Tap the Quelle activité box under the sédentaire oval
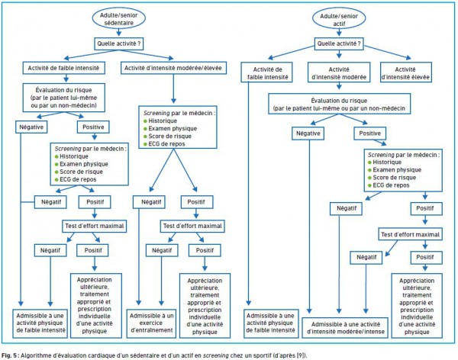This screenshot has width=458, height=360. pos(118,43)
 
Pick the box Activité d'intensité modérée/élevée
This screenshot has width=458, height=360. pos(173,68)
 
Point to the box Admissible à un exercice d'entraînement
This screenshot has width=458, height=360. pos(151,323)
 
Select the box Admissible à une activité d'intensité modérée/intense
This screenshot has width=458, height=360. pos(345,328)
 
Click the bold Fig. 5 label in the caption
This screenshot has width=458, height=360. pos(10,355)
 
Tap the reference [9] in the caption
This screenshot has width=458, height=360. pos(301,355)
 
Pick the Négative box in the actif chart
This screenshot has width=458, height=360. pos(308,133)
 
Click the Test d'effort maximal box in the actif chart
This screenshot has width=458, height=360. pos(410,234)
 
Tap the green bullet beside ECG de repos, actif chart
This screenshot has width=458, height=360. pos(369,185)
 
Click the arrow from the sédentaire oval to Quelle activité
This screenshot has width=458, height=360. pos(118,32)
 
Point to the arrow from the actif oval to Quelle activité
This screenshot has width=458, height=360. pos(339,33)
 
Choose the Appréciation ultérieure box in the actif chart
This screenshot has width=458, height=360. pos(417,306)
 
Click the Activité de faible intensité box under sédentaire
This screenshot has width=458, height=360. pos(63,68)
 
